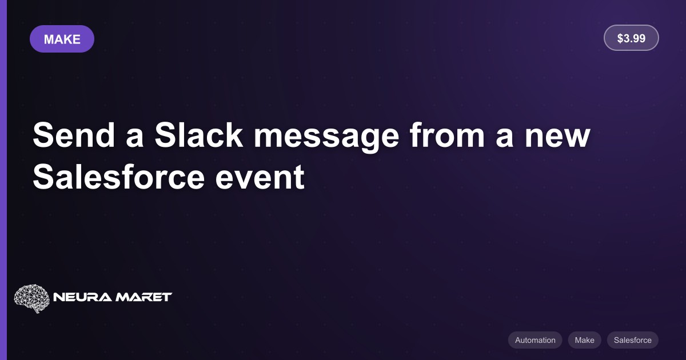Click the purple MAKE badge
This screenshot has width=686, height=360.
tap(62, 39)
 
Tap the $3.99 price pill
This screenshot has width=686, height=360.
tap(631, 38)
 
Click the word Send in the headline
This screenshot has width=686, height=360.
tap(74, 135)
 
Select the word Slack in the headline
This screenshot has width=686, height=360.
tap(199, 135)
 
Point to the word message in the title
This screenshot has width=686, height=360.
tap(326, 138)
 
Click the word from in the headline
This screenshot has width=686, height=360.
tap(447, 135)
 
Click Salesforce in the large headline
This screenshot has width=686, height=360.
tap(118, 177)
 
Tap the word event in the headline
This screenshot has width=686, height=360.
tap(260, 178)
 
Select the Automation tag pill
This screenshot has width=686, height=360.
tap(535, 340)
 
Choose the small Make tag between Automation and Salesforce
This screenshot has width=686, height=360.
tap(584, 340)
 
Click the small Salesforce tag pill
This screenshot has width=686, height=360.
tap(632, 340)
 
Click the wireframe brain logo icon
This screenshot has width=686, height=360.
tap(31, 298)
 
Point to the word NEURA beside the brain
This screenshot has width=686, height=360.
tap(82, 297)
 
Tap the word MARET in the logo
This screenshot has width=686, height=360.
tap(143, 297)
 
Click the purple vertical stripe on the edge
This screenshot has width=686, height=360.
tap(3, 180)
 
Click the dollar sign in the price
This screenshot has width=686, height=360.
tap(620, 38)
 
